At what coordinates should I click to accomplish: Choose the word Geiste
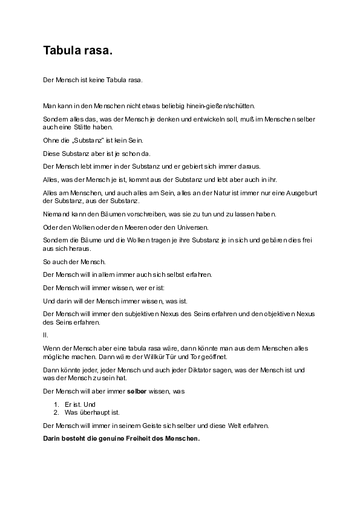click(151, 425)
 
